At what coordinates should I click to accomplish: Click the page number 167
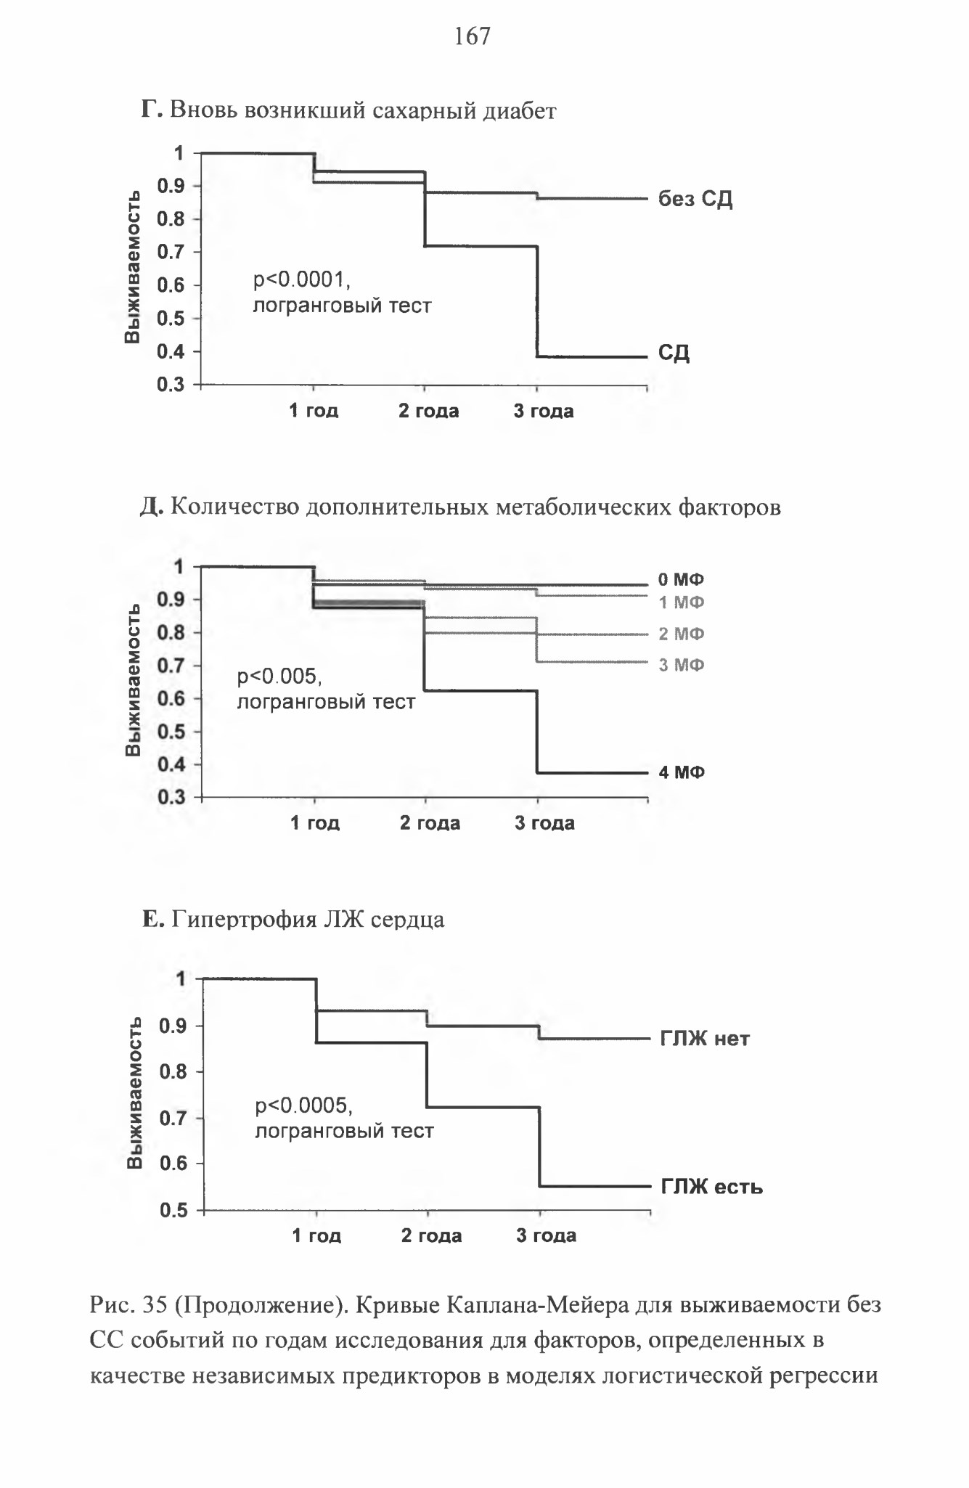[x=473, y=36]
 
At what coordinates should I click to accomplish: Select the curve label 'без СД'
[x=695, y=199]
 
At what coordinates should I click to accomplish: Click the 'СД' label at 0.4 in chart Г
[x=674, y=353]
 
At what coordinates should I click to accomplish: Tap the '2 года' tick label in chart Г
[x=429, y=411]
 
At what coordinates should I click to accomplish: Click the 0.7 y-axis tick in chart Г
[x=171, y=252]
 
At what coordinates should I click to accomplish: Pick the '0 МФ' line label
[x=682, y=579]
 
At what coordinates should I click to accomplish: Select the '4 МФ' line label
[x=682, y=772]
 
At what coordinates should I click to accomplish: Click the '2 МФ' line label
[x=682, y=634]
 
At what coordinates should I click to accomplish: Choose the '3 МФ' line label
[x=682, y=665]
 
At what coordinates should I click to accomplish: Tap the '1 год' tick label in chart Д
[x=315, y=822]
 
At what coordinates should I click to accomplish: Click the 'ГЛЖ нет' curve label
[x=705, y=1039]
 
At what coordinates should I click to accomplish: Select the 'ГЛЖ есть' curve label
[x=711, y=1187]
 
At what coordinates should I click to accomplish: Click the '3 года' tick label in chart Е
[x=546, y=1235]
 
